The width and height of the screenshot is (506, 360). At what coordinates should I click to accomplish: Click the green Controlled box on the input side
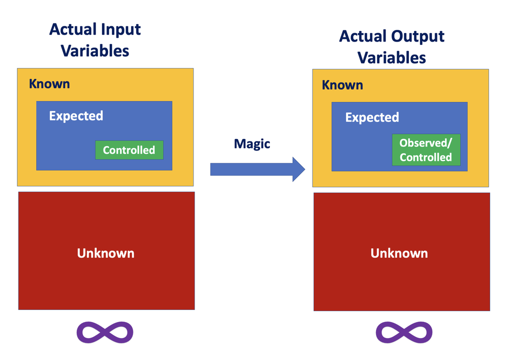129,150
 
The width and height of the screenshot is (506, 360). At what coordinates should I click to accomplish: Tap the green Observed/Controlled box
425,150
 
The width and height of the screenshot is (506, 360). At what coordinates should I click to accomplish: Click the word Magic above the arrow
252,144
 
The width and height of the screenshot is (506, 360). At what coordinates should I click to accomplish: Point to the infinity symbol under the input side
105,332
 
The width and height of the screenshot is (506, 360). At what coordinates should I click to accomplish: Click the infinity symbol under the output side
404,332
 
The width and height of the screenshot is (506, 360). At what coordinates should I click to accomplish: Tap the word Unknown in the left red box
105,253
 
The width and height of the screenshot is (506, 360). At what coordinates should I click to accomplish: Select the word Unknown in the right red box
399,253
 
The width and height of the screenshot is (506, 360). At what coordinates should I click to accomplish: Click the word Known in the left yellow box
49,83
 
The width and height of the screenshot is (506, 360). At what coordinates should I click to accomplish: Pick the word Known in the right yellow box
342,85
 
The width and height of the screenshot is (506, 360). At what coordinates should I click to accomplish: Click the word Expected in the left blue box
76,116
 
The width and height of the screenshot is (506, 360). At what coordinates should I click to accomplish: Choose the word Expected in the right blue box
372,117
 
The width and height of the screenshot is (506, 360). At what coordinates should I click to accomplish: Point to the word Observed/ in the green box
425,143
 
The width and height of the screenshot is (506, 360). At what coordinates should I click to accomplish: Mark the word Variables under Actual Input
95,50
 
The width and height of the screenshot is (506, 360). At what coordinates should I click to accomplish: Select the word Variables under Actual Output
392,57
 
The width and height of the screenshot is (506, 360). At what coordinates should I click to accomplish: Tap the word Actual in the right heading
363,36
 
